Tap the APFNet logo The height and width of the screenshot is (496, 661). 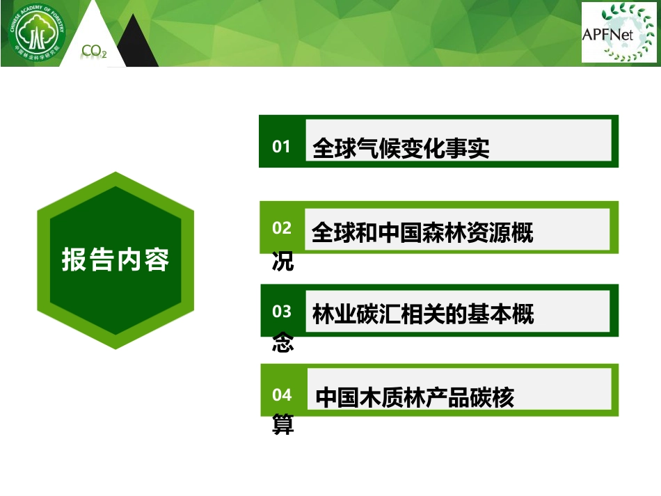[619, 33]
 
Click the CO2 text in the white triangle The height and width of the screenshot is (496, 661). [94, 51]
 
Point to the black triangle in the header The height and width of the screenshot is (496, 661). [138, 42]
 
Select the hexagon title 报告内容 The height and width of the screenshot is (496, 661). [116, 259]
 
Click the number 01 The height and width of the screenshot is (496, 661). [281, 147]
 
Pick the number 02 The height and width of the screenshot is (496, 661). [282, 228]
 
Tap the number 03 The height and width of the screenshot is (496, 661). [282, 312]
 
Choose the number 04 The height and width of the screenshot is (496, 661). [282, 395]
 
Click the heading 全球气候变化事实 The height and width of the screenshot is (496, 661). [401, 148]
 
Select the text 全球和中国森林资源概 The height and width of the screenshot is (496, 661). [422, 232]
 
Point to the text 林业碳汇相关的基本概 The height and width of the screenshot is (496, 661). [423, 314]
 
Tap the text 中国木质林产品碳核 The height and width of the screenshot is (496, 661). [415, 397]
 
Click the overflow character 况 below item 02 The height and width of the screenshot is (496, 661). [283, 262]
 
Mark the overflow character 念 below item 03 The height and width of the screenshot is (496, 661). [283, 342]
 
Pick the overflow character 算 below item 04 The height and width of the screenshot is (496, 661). [283, 424]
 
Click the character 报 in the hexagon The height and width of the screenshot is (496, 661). [74, 259]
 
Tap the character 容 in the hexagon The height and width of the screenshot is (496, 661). [157, 259]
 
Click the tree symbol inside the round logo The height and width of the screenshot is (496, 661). [37, 33]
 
